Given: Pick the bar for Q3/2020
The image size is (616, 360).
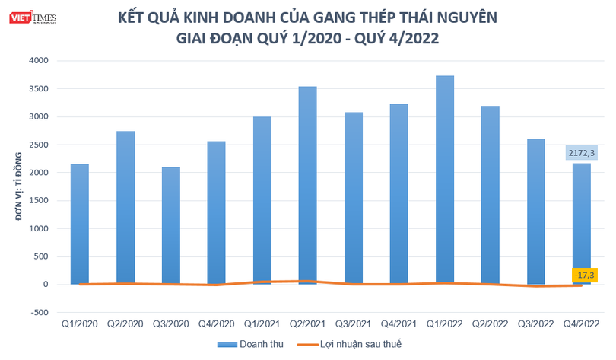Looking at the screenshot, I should click(x=170, y=225).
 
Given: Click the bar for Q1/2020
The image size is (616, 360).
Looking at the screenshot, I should click(x=79, y=224).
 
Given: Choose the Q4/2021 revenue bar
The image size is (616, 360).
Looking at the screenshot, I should click(x=398, y=194).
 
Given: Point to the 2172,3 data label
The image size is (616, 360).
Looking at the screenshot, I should click(x=581, y=153).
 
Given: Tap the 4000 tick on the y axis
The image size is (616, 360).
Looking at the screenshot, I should click(x=37, y=61).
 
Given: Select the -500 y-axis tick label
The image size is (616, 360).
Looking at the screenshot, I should click(x=37, y=312).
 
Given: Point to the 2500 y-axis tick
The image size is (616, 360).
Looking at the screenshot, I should click(x=37, y=145).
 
